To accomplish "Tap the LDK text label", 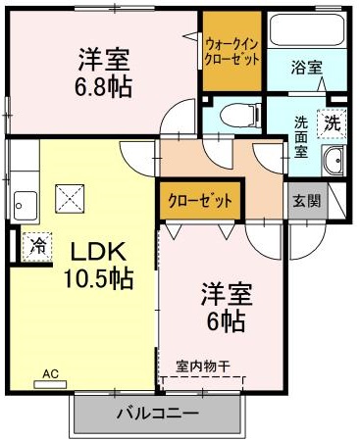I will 85,251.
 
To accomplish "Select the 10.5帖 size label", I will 85,277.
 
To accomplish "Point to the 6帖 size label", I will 225,319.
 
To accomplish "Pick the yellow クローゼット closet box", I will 200,202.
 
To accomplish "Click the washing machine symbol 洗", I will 334,124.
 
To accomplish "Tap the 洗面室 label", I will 303,137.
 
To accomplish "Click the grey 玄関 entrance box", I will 305,201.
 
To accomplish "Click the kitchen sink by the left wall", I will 24,205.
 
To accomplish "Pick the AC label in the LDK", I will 51,373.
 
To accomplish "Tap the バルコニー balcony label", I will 157,414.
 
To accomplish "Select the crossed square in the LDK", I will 71,199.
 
